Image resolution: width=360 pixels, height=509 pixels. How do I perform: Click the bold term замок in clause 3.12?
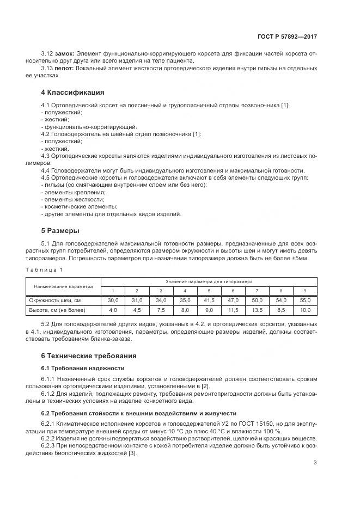point(64,54)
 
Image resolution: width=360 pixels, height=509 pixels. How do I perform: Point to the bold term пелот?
point(64,68)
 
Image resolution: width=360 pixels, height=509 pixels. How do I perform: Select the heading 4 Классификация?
point(73,92)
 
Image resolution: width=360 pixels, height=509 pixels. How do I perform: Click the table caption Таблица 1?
point(46,269)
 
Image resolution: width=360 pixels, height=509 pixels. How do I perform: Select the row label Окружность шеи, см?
point(55,301)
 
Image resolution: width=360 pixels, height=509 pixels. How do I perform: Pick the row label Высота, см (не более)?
point(57,310)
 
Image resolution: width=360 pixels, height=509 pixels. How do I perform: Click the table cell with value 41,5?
point(209,301)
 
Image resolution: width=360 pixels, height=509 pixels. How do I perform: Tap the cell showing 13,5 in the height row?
point(257,310)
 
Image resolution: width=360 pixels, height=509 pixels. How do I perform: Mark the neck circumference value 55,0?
point(305,301)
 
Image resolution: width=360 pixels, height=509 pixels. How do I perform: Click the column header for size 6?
point(233,291)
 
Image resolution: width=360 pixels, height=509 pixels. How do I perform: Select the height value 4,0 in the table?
point(113,310)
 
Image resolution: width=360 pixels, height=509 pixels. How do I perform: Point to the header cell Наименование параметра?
point(63,286)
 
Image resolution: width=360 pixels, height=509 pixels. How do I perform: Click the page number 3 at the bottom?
point(315,463)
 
